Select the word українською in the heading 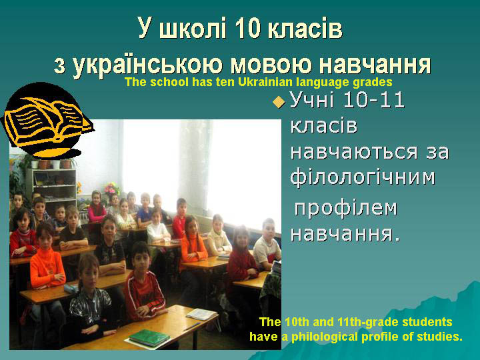click(147, 65)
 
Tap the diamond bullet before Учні click(279, 101)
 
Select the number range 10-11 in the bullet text click(374, 100)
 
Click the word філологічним click(363, 177)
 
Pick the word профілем click(345, 208)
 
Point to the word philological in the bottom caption click(324, 337)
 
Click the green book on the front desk click(149, 337)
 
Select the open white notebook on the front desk click(201, 315)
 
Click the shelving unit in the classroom click(51, 186)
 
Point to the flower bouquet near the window click(111, 189)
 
